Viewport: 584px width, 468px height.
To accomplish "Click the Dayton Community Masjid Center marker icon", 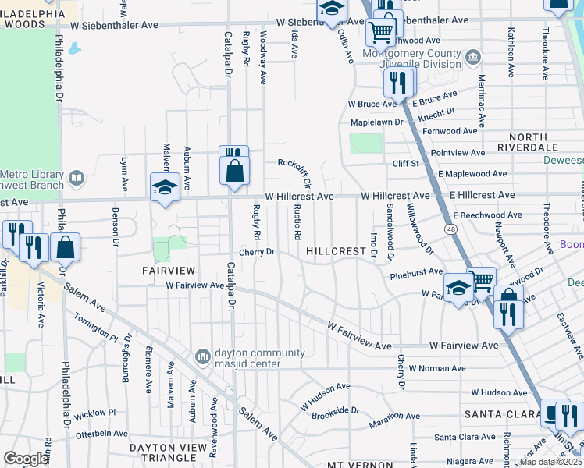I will click(x=203, y=356).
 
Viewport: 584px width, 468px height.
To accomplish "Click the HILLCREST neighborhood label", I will click(x=336, y=252).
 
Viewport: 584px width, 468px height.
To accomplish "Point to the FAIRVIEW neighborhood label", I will click(x=166, y=270).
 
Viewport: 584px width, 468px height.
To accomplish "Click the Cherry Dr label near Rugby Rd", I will click(x=258, y=252).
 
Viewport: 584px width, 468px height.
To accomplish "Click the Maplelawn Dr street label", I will click(x=376, y=122).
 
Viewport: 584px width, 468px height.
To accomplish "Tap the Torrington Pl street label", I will click(x=96, y=328).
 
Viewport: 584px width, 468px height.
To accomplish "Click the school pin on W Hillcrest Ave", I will click(x=165, y=187).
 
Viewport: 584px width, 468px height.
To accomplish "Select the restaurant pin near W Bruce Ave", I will click(x=398, y=82).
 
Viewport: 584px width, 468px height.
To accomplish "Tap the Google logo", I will click(x=27, y=459).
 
